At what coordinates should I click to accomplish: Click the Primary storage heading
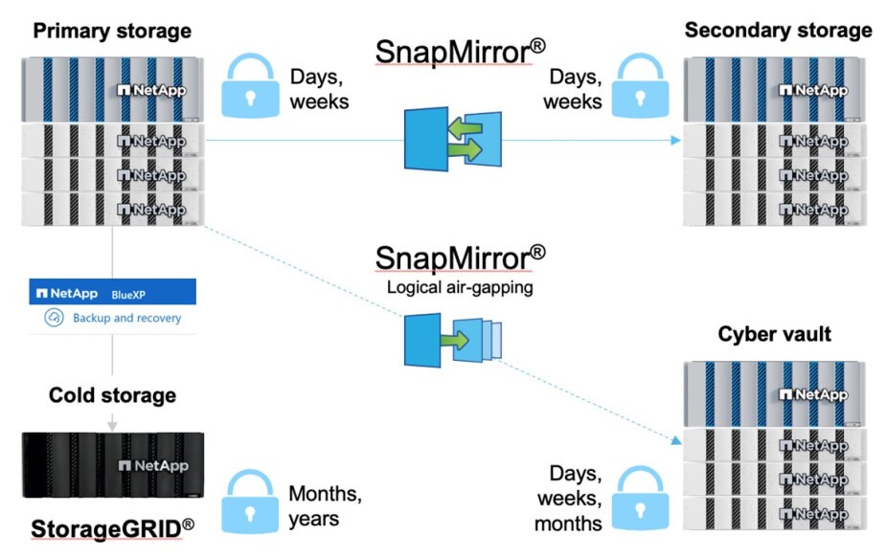coord(112,31)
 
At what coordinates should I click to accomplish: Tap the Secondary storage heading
coord(778,30)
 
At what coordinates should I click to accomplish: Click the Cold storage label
coord(112,394)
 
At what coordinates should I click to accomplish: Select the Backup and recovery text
coord(126,318)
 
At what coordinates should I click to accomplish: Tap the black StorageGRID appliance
coord(112,463)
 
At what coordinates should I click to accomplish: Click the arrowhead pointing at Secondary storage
coord(676,140)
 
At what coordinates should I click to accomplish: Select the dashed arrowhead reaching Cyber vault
coord(673,439)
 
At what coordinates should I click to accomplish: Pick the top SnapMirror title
coord(460,51)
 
